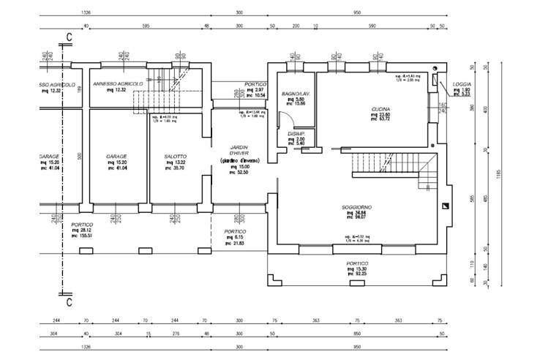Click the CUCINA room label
point(380,108)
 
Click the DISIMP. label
point(296,133)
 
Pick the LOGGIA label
point(462,84)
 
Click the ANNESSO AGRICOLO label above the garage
point(117,84)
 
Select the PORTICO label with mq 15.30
point(357,263)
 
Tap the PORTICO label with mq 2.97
point(255,84)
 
